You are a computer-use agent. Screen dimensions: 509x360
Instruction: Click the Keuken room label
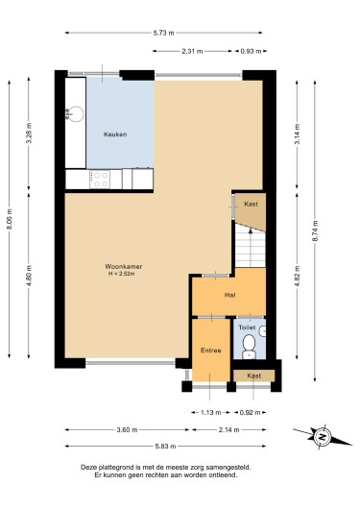[x=115, y=134]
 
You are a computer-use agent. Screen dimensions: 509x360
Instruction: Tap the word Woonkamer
[x=124, y=266]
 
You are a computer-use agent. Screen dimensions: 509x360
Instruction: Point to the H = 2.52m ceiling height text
[x=124, y=275]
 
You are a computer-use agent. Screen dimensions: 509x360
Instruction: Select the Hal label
[x=230, y=296]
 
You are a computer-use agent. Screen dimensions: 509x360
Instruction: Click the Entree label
[x=211, y=351]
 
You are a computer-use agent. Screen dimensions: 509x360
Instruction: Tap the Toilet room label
[x=248, y=327]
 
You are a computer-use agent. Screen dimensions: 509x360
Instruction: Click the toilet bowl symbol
[x=249, y=343]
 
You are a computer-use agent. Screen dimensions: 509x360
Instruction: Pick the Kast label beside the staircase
[x=251, y=205]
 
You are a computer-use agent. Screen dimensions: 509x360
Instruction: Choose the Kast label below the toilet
[x=252, y=376]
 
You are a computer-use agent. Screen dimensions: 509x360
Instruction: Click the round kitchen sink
[x=71, y=114]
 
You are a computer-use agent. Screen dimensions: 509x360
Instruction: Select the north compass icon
[x=323, y=438]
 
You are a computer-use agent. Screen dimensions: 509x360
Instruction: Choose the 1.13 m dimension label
[x=207, y=412]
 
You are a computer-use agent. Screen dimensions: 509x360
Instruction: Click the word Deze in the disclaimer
[x=90, y=467]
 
